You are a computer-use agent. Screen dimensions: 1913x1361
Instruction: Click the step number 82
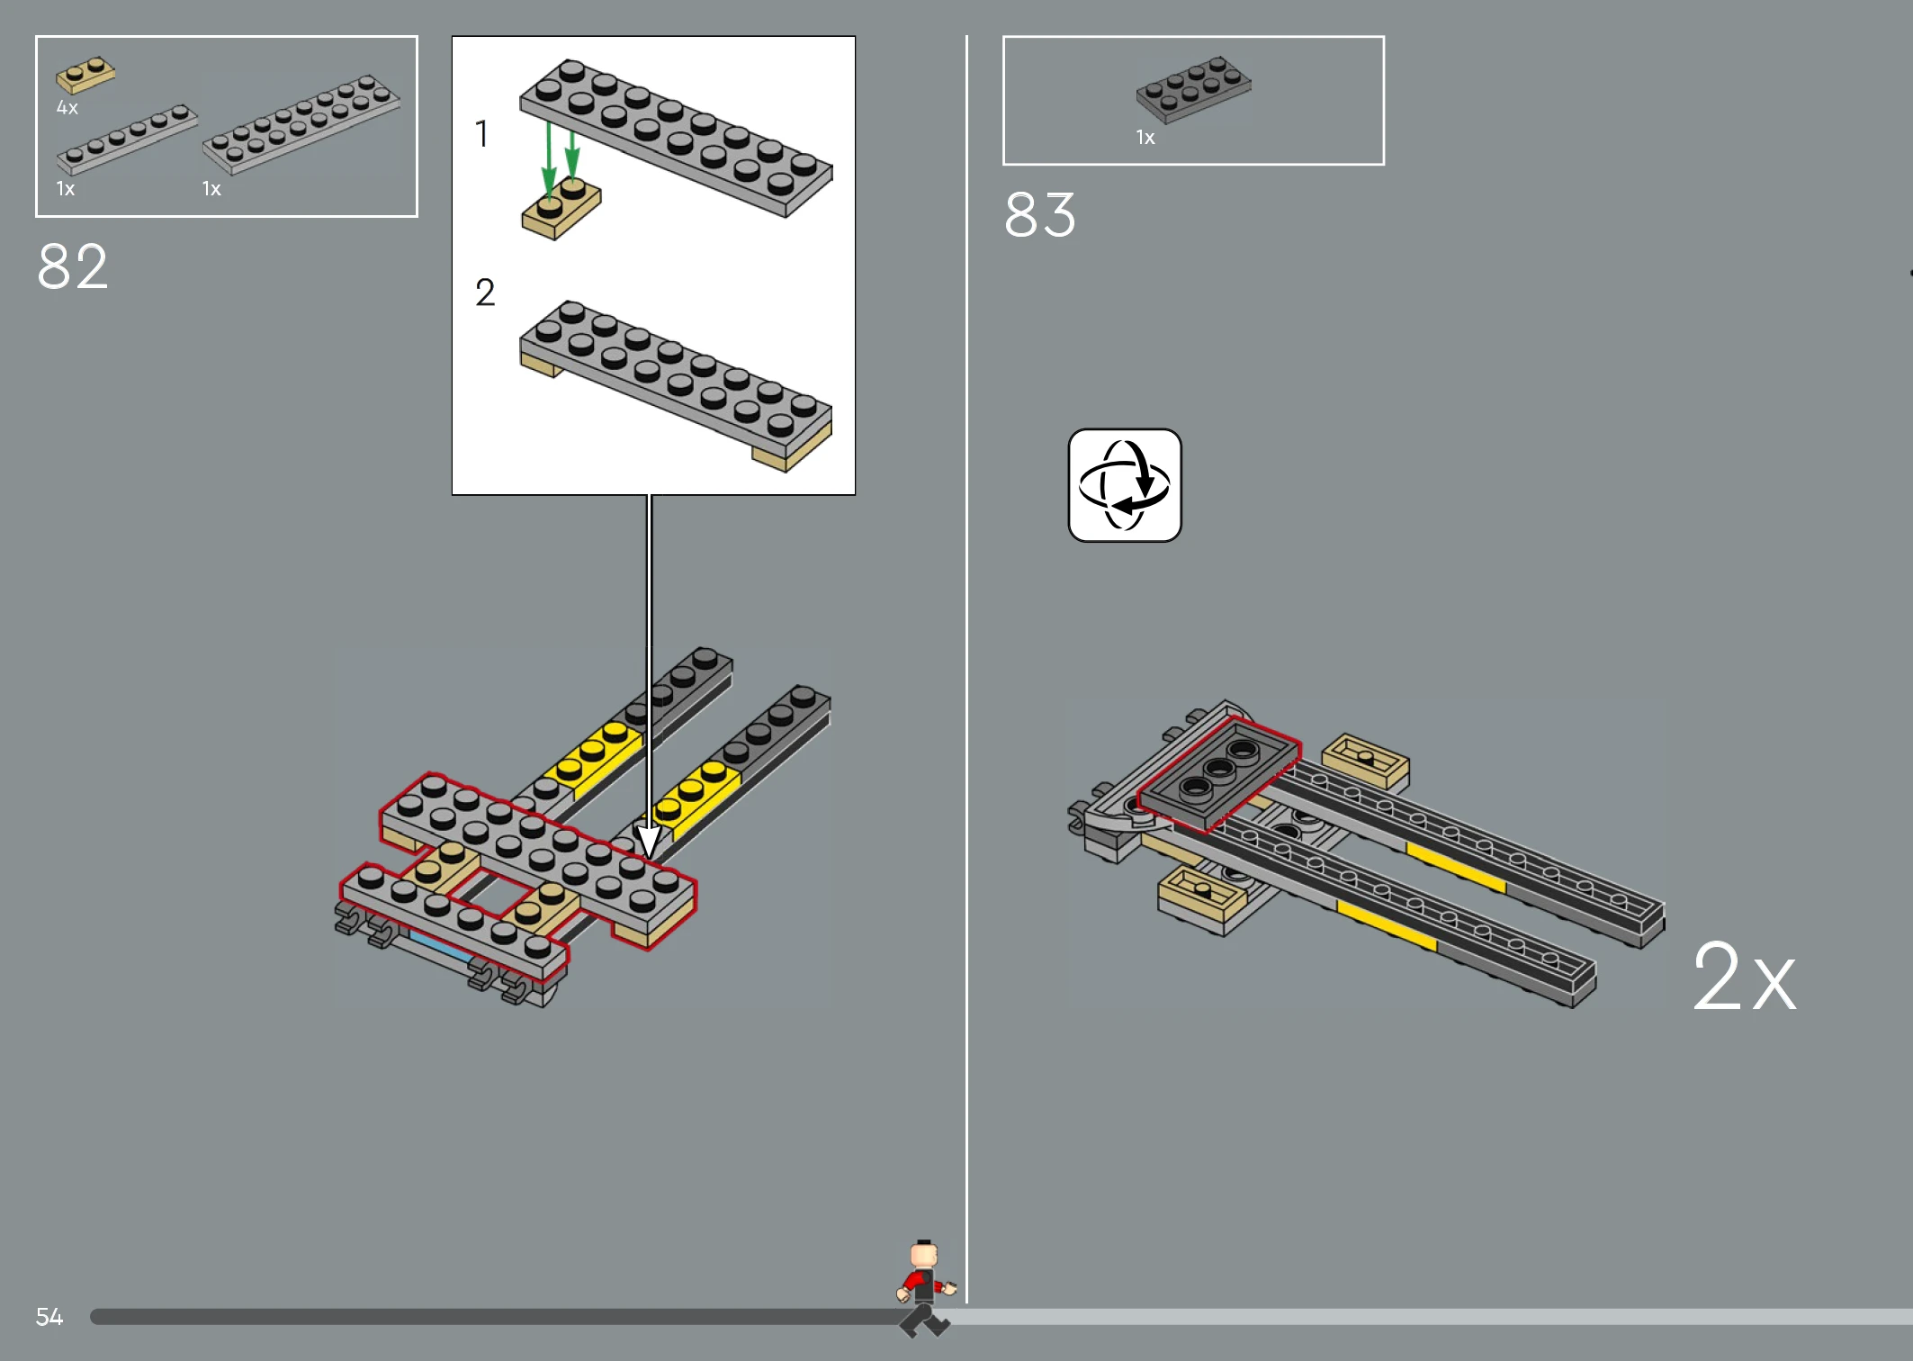(73, 266)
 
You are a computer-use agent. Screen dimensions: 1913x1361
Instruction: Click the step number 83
(1040, 214)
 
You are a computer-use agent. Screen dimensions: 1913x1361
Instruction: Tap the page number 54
(49, 1317)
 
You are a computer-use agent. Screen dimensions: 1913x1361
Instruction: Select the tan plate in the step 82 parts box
(85, 75)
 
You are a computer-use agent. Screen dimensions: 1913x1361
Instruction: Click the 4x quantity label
(67, 108)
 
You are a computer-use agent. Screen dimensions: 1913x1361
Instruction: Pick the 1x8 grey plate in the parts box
(127, 139)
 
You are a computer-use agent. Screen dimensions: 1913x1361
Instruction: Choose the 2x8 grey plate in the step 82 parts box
(301, 124)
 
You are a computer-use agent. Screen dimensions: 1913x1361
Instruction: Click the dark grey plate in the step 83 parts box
(1193, 89)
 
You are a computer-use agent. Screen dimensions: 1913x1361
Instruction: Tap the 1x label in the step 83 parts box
(1145, 138)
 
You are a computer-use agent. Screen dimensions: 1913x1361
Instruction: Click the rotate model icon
(1125, 485)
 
